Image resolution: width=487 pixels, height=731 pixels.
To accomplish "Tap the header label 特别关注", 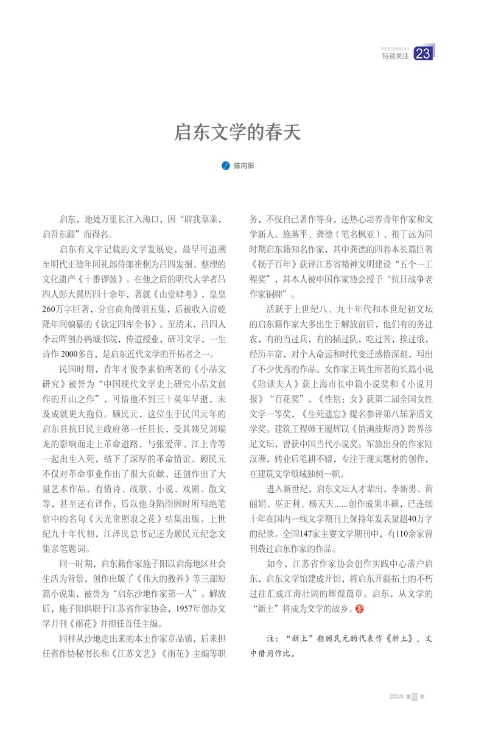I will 395,56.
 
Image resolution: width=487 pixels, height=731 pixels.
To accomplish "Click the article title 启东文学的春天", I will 238,132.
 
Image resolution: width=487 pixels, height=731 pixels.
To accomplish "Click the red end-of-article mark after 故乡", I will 359,609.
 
